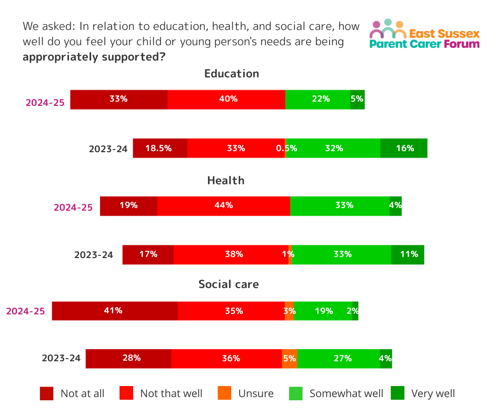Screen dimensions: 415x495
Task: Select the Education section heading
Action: (232, 74)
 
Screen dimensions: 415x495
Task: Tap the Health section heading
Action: (226, 181)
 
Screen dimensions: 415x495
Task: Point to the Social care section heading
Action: (229, 284)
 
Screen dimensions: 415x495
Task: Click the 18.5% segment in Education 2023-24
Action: (160, 148)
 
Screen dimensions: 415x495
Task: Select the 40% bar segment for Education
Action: (226, 99)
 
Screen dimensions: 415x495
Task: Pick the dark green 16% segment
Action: (404, 148)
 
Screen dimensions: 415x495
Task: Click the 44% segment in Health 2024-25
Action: (224, 205)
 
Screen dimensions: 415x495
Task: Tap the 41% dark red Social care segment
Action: (115, 311)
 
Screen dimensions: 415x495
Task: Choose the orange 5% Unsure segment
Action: (290, 358)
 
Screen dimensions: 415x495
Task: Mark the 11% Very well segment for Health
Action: (408, 254)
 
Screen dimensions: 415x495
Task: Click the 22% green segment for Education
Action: (318, 99)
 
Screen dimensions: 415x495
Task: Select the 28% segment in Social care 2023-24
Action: (128, 358)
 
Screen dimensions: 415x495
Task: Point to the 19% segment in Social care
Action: (323, 311)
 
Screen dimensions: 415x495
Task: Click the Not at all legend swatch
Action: (47, 393)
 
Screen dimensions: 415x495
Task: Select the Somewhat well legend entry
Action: (337, 393)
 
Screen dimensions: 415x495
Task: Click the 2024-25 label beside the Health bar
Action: (73, 207)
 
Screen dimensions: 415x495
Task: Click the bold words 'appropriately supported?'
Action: (93, 57)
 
